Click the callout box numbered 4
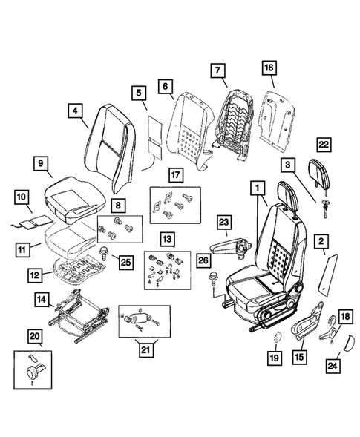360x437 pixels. click(x=74, y=112)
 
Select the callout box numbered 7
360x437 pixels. click(x=217, y=71)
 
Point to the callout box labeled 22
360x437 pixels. click(x=323, y=145)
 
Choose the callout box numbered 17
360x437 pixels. click(x=174, y=177)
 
